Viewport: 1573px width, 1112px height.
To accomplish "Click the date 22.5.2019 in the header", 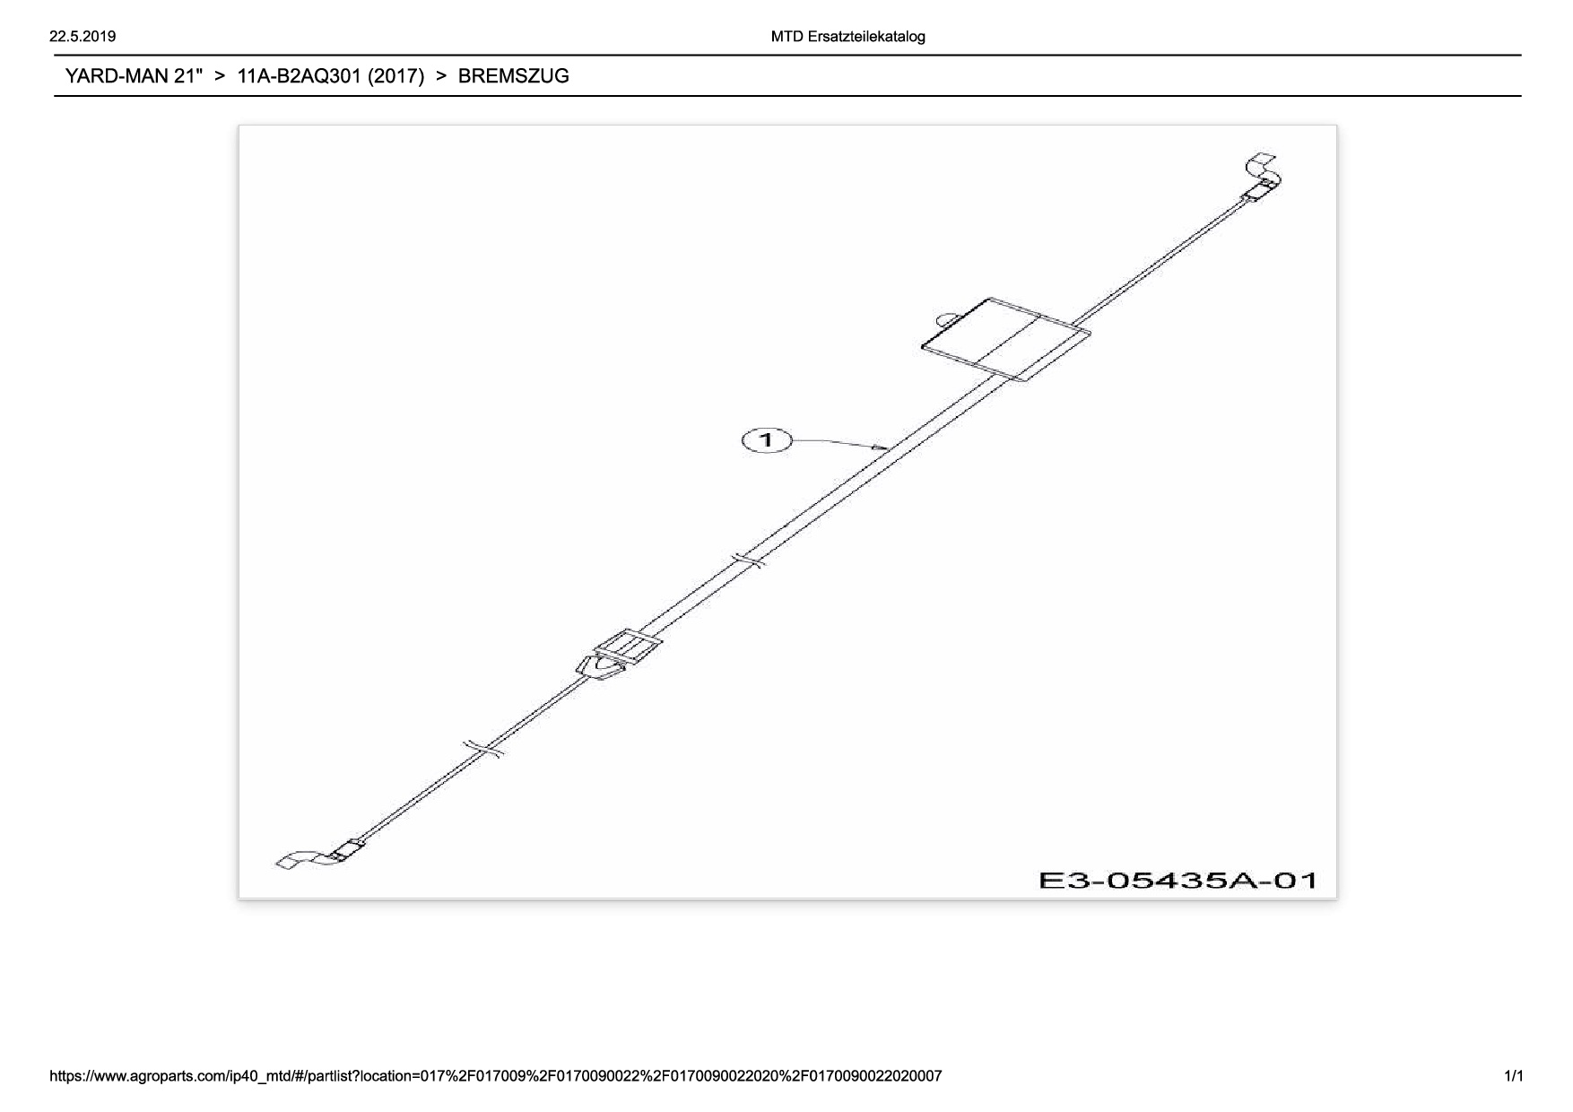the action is click(x=83, y=37).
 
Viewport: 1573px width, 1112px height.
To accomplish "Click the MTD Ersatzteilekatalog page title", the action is click(x=847, y=37).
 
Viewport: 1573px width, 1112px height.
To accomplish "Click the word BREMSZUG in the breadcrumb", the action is click(x=513, y=76).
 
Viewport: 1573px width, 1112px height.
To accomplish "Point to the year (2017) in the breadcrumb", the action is click(x=395, y=76).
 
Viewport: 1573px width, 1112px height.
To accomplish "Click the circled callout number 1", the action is click(x=767, y=439).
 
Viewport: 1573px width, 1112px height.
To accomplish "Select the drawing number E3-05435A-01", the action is click(x=1178, y=880).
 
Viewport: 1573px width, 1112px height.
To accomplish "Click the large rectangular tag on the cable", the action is click(x=1007, y=339).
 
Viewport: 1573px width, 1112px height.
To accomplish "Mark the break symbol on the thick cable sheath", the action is click(x=747, y=560).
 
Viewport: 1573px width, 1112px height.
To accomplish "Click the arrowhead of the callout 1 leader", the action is click(x=883, y=447).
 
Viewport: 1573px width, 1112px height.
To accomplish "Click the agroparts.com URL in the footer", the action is click(x=496, y=1075).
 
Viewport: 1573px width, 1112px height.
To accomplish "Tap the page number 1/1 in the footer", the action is click(x=1513, y=1075).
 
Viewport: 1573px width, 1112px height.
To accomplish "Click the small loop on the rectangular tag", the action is click(x=946, y=317).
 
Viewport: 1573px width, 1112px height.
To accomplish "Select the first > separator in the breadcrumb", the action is click(x=220, y=76).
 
